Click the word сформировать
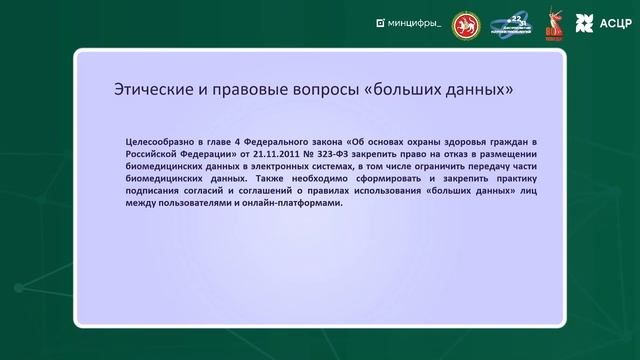pos(374,186)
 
